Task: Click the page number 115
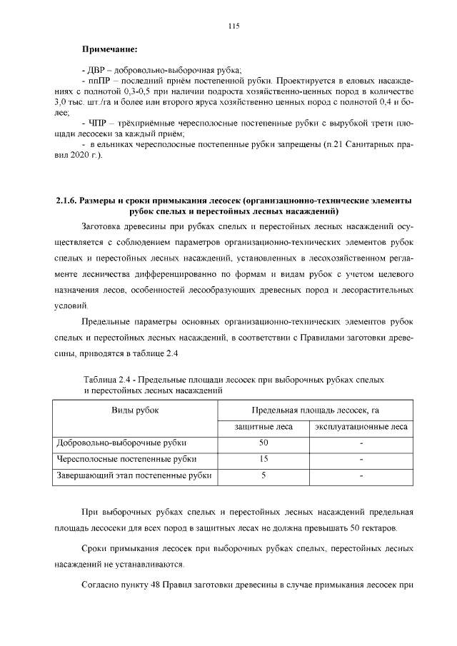click(233, 26)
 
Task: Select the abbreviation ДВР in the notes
click(95, 70)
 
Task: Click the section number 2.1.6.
click(66, 201)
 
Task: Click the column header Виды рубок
click(135, 410)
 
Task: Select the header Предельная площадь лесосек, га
click(314, 410)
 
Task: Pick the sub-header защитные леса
click(263, 427)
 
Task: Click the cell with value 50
click(263, 443)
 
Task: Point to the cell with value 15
click(263, 459)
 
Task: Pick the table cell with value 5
click(263, 475)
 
